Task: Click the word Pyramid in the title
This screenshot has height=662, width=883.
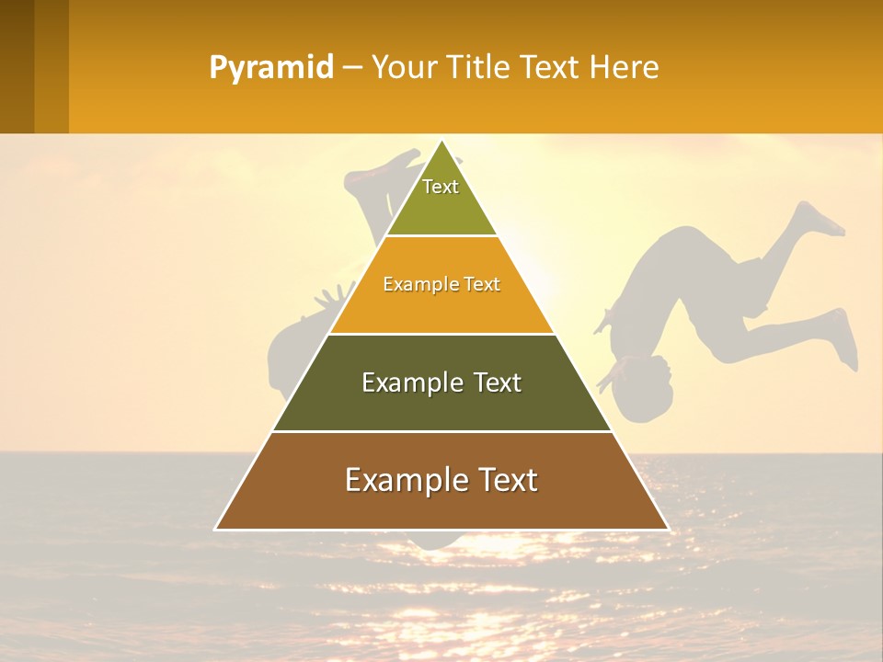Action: point(270,68)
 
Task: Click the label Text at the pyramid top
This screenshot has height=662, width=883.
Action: point(441,187)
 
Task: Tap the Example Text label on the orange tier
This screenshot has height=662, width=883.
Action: point(441,284)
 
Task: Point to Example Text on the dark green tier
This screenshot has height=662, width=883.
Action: point(441,382)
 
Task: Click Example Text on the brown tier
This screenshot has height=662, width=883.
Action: point(441,480)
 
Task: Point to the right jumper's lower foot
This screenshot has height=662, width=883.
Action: point(843,340)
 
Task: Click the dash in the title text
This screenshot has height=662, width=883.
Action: point(351,68)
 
